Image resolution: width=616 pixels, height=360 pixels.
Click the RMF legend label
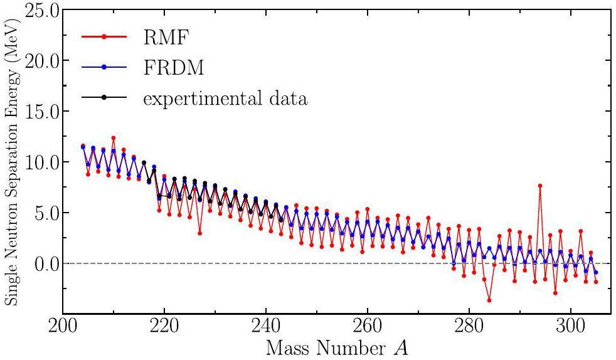click(x=166, y=38)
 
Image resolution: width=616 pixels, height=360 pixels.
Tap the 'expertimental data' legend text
click(x=225, y=98)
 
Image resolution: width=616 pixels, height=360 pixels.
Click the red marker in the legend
click(x=104, y=37)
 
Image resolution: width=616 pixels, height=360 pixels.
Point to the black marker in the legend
click(x=104, y=98)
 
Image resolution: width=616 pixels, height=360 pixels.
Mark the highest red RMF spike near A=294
click(x=540, y=186)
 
